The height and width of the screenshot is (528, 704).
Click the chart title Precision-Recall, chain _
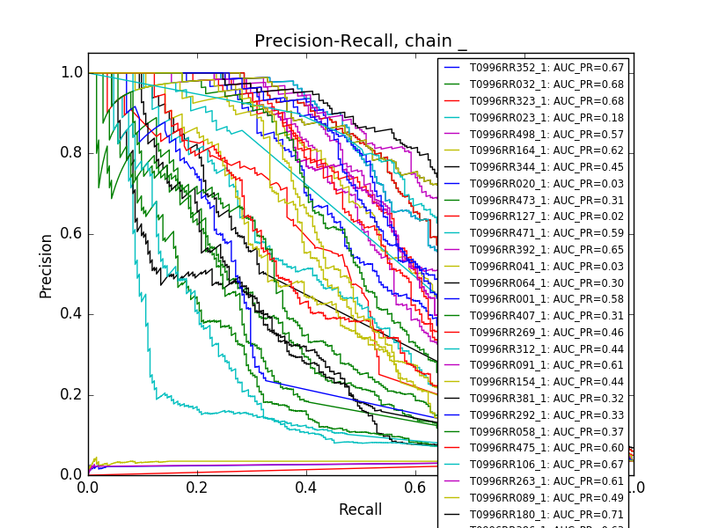[x=361, y=41]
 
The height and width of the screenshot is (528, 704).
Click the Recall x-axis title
[x=361, y=510]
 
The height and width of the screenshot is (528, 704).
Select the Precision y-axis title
[x=47, y=266]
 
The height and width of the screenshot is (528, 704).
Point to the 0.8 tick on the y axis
[x=72, y=153]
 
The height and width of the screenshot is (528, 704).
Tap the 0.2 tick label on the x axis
[x=197, y=487]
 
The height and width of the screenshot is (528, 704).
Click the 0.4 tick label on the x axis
[x=306, y=487]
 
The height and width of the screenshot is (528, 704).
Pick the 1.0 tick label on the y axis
[x=72, y=73]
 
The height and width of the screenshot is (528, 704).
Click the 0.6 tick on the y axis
[x=72, y=233]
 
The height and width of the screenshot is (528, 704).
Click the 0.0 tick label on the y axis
[x=72, y=474]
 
